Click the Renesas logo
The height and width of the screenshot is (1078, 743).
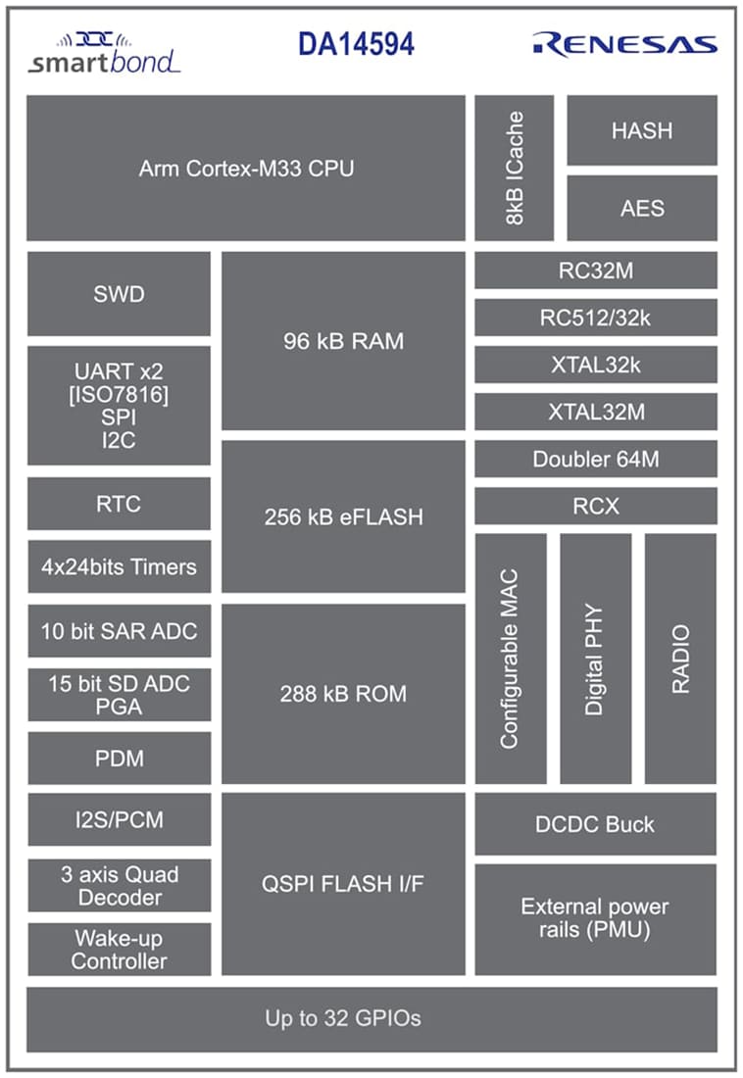(624, 44)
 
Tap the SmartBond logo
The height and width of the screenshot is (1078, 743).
(104, 53)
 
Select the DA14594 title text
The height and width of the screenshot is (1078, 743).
(356, 44)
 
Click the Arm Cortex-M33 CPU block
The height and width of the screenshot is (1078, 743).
(245, 168)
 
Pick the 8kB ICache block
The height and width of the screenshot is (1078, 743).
(515, 168)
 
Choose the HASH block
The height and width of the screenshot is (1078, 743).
(642, 130)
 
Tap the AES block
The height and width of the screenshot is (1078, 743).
(642, 208)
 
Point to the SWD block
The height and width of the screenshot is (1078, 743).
(119, 294)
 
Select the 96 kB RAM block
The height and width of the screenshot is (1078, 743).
(343, 341)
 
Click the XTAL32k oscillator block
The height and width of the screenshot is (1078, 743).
(596, 365)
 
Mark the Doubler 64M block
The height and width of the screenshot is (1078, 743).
(596, 459)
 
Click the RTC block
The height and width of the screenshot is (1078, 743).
(119, 504)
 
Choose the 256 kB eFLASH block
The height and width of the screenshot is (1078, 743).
(343, 516)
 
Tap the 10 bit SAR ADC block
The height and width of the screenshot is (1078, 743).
(119, 631)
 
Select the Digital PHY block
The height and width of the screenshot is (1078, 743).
(595, 659)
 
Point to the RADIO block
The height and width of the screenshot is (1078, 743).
(680, 659)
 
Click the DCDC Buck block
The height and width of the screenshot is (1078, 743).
(596, 824)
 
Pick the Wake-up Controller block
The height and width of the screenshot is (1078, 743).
(119, 950)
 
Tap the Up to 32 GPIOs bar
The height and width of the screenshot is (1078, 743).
(371, 1018)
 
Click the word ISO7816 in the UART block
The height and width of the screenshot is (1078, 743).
(119, 394)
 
